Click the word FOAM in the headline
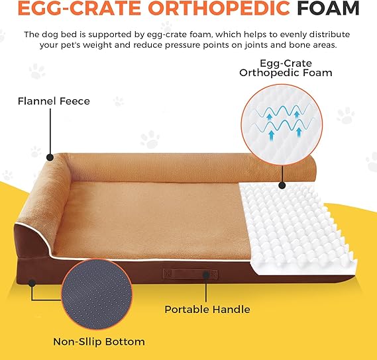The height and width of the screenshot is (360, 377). tap(328, 8)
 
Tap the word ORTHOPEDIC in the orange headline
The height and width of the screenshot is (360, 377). tap(221, 8)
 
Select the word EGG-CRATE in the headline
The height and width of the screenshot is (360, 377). tap(80, 8)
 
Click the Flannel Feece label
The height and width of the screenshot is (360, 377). tap(54, 101)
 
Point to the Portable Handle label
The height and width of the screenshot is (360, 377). tap(207, 309)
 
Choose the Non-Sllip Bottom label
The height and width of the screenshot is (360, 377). tap(99, 341)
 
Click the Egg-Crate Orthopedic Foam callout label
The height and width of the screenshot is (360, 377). tap(286, 68)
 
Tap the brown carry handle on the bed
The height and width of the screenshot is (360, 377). tap(190, 274)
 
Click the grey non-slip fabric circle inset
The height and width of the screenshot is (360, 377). tap(97, 294)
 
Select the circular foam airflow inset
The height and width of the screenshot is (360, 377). tap(282, 124)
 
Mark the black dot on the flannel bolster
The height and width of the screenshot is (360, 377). tap(50, 157)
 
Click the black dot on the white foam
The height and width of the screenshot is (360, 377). tap(282, 185)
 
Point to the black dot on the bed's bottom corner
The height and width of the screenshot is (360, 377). tap(32, 283)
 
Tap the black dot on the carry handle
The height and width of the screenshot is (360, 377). tap(206, 275)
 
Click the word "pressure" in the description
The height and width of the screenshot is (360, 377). tap(184, 45)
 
